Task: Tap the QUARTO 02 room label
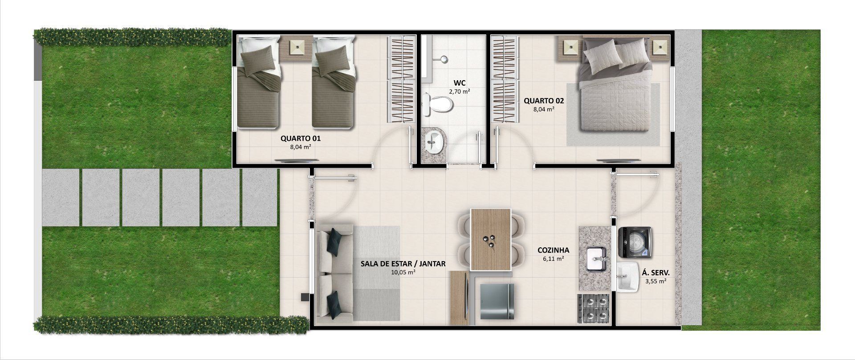[x=544, y=101]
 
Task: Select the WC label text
[x=460, y=83]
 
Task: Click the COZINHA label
[x=553, y=250]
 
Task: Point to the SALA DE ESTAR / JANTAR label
[x=403, y=264]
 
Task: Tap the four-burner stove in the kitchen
[x=594, y=308]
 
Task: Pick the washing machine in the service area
[x=635, y=242]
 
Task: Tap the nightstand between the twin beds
[x=296, y=48]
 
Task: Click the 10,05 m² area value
[x=403, y=272]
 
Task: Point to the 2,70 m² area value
[x=460, y=91]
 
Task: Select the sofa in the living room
[x=334, y=273]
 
